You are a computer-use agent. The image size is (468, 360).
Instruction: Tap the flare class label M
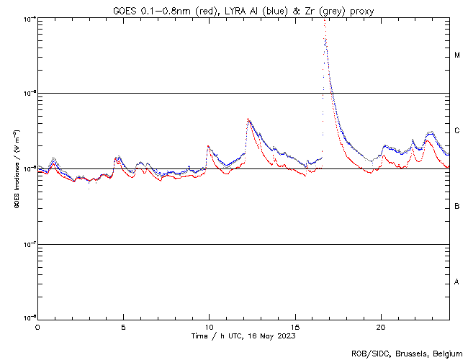point(457,55)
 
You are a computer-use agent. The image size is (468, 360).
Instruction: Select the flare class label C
point(457,131)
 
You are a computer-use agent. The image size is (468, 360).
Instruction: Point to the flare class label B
point(457,207)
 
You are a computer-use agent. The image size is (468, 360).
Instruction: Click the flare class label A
point(457,282)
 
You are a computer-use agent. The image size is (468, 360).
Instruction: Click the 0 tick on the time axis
point(37,326)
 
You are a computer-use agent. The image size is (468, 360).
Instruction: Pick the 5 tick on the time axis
point(123,326)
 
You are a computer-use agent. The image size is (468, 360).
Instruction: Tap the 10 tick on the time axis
point(209,326)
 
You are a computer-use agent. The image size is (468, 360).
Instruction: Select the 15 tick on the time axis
point(294,326)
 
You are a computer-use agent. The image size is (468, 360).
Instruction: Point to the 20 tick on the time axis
point(380,326)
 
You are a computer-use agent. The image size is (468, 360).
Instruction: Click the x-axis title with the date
point(243,336)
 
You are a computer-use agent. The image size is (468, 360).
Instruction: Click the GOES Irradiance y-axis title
point(16,169)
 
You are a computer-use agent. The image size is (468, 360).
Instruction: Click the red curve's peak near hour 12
point(248,120)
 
